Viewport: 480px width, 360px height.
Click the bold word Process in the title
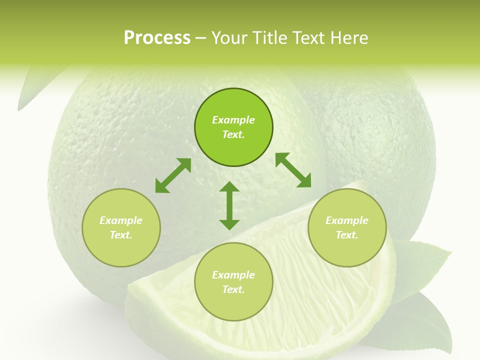157,38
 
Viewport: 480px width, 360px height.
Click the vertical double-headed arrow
229,205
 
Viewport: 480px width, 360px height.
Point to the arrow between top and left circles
173,175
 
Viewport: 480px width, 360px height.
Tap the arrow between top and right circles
293,170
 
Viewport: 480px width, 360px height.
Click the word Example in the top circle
233,120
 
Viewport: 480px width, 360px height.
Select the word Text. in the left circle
121,235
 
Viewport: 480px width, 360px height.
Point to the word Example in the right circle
347,220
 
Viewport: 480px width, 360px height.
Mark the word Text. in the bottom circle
233,289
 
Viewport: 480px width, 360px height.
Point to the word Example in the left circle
121,220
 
